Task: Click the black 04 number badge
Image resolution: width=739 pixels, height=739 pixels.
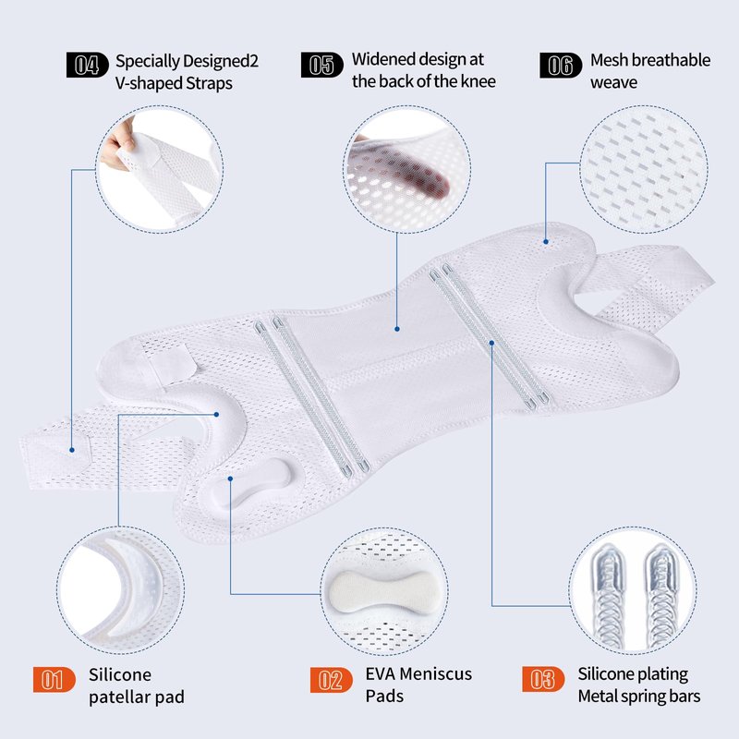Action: pyautogui.click(x=87, y=65)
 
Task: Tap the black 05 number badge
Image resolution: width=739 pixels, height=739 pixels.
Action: pyautogui.click(x=321, y=65)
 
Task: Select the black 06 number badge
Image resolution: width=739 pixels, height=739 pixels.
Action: pyautogui.click(x=561, y=65)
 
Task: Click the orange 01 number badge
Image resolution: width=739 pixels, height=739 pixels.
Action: pyautogui.click(x=55, y=680)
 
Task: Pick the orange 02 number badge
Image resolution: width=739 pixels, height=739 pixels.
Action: pyautogui.click(x=332, y=680)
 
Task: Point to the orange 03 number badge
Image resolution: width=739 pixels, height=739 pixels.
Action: pyautogui.click(x=543, y=679)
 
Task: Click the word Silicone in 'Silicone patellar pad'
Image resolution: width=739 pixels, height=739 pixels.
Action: pyautogui.click(x=120, y=674)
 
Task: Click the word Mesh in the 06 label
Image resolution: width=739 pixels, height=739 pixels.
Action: pyautogui.click(x=609, y=60)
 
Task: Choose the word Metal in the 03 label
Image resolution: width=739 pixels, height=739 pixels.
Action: pyautogui.click(x=598, y=696)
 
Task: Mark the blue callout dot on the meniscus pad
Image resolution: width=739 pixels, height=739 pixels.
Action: pyautogui.click(x=230, y=479)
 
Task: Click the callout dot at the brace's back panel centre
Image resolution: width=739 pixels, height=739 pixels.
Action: pyautogui.click(x=397, y=329)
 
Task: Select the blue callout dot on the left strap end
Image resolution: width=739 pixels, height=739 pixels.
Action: pyautogui.click(x=72, y=450)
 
